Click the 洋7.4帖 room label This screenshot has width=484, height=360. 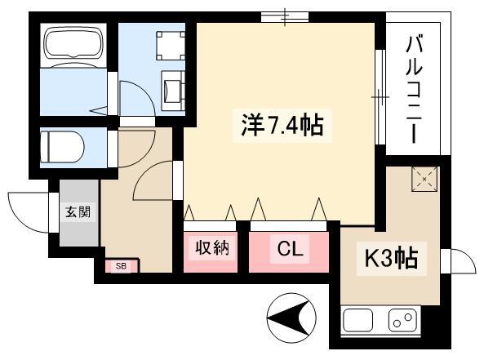point(282,126)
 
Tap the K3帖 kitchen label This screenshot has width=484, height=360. point(392,258)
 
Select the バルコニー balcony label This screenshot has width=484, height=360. point(414,90)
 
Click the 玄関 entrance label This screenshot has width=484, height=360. point(78,212)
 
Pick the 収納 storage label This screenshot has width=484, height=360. point(212,247)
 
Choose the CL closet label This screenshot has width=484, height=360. point(290,248)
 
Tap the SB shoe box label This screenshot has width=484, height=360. point(121,266)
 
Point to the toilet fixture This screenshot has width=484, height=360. point(62,147)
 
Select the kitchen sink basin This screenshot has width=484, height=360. point(357,320)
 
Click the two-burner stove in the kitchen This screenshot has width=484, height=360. point(402,320)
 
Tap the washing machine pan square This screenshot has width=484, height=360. point(171,46)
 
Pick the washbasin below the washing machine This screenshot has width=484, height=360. point(174,91)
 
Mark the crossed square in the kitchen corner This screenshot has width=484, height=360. point(424,179)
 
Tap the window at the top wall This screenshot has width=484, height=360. point(285,16)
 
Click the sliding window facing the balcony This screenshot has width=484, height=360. point(380,97)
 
